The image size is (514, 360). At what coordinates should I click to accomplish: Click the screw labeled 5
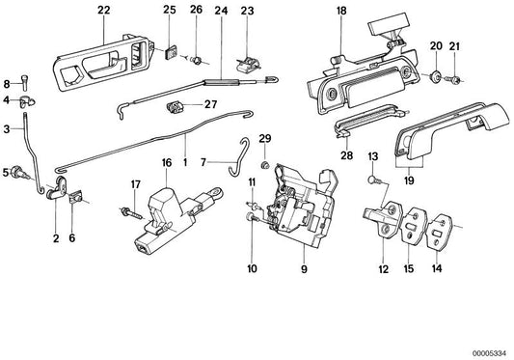click(17, 175)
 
